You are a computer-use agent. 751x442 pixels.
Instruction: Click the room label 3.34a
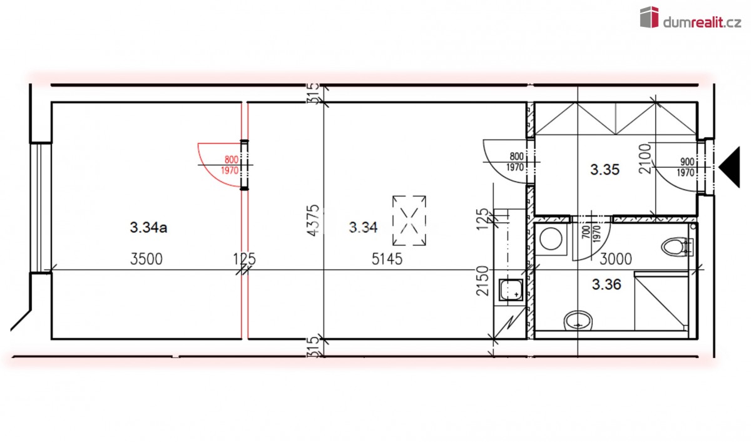(148, 228)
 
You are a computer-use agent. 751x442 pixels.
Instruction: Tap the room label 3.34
(363, 228)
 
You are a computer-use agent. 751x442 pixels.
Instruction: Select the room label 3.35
(605, 170)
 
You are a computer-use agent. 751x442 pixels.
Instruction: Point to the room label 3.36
(606, 284)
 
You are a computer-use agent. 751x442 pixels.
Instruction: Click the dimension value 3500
(146, 259)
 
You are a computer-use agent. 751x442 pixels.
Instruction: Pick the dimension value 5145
(387, 259)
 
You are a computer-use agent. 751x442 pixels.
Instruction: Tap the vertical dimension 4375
(314, 220)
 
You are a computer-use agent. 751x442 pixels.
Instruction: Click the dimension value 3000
(616, 259)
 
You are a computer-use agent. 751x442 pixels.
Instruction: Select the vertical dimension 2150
(483, 280)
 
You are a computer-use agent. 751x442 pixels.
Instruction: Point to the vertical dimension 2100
(645, 158)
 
